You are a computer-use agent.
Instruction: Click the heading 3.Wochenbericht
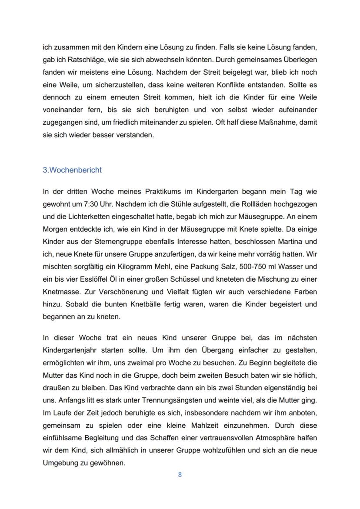[72, 170]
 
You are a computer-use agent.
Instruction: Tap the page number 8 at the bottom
[180, 475]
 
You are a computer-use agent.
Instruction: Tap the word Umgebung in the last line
[60, 463]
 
